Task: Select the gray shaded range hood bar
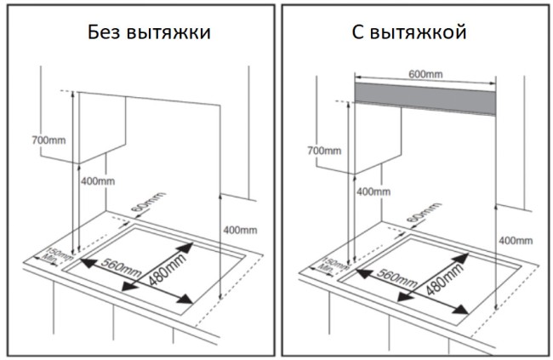(425, 98)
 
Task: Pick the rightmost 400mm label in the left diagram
(240, 230)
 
